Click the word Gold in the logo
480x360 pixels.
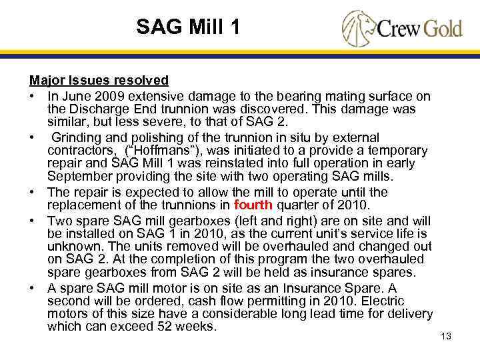point(437,29)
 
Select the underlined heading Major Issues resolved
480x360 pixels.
point(99,80)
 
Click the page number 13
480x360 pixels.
point(446,336)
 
